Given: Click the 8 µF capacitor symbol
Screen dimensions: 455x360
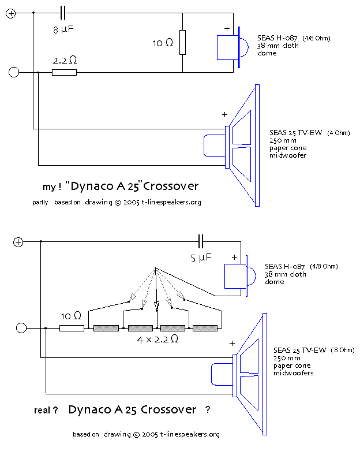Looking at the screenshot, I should pyautogui.click(x=63, y=12).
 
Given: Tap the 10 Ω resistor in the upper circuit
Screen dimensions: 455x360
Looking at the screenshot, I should pyautogui.click(x=182, y=43).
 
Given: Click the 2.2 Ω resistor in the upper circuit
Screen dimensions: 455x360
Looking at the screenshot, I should pyautogui.click(x=64, y=73).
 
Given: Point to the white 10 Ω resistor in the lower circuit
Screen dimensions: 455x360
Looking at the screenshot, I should pyautogui.click(x=72, y=328).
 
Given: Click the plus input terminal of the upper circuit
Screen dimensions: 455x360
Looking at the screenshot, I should pyautogui.click(x=11, y=13).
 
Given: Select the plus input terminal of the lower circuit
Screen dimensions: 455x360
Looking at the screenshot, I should pyautogui.click(x=18, y=242).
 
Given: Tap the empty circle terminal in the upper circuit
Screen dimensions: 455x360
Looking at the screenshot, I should pyautogui.click(x=14, y=72).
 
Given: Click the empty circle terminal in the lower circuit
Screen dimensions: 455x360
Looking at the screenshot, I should pyautogui.click(x=21, y=328).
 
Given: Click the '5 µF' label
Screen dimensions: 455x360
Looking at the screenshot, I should pyautogui.click(x=201, y=258).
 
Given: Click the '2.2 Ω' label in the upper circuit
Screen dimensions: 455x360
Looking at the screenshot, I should pyautogui.click(x=65, y=60).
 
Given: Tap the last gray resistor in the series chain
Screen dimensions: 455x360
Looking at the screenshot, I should pyautogui.click(x=205, y=328).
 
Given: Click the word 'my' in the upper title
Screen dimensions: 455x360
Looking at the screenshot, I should pyautogui.click(x=48, y=187).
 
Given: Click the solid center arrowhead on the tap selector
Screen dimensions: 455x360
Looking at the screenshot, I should pyautogui.click(x=156, y=304).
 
